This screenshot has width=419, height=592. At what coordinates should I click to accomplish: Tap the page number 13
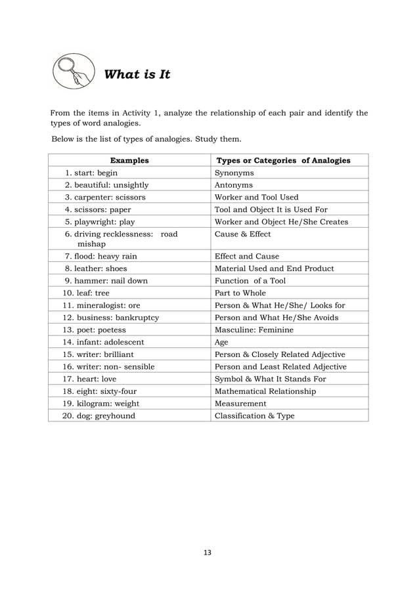pos(208,553)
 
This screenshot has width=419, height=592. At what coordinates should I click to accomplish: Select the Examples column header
pos(129,160)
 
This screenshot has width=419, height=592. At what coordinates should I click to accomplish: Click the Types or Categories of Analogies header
pos(284,160)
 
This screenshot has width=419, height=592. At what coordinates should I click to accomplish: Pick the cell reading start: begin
pos(91,173)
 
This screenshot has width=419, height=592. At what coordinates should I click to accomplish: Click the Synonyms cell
pos(234,173)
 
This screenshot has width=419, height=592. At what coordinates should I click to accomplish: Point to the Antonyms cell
pos(234,185)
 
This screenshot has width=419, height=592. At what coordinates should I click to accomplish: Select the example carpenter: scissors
pos(105,197)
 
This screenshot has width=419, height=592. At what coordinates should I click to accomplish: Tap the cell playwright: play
pos(100,222)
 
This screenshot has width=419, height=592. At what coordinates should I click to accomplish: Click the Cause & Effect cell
pos(242,234)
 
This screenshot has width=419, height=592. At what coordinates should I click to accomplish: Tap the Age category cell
pos(223,342)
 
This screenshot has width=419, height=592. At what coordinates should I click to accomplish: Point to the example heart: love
pos(93,379)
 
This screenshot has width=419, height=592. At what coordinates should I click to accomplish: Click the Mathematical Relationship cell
pos(265,391)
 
